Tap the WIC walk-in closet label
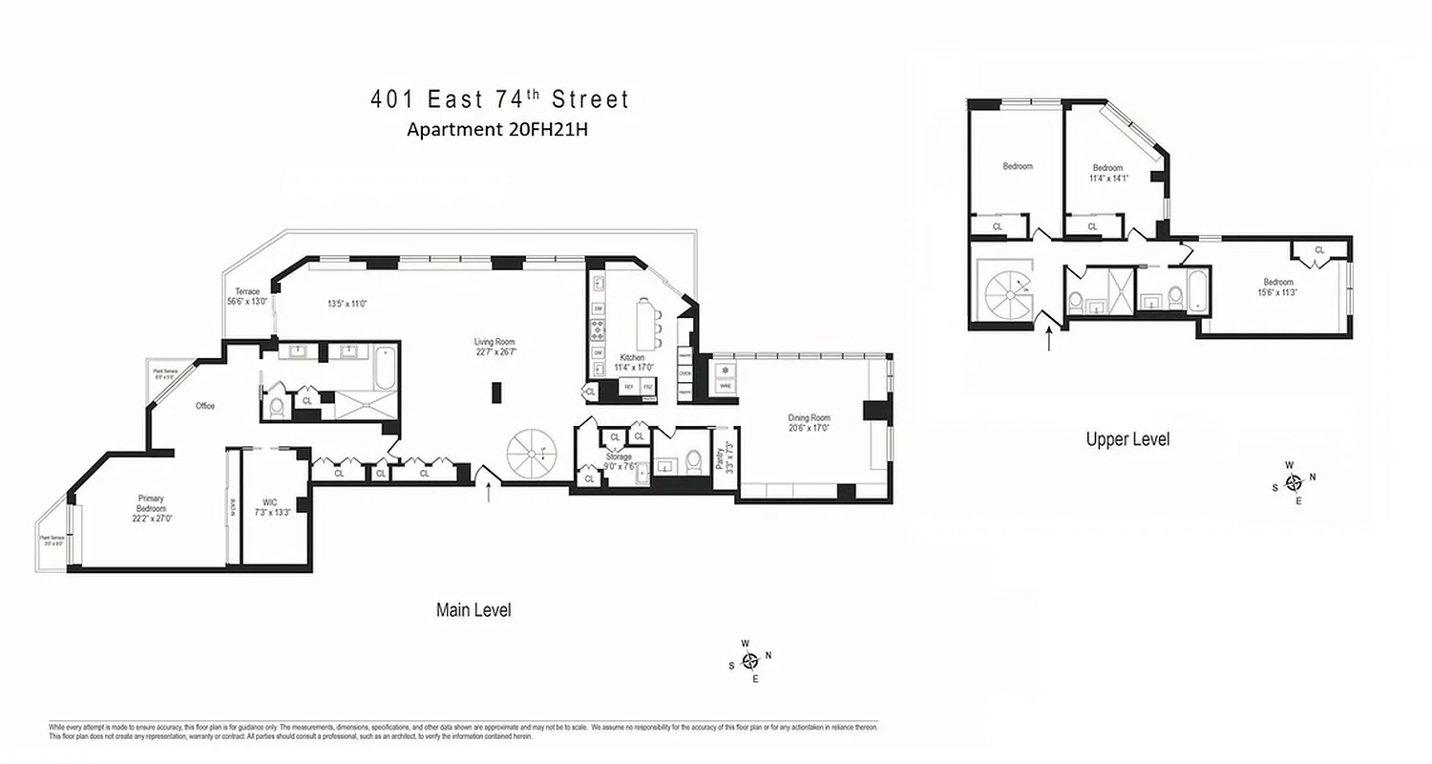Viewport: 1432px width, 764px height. coord(268,507)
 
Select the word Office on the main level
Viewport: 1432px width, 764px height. coord(205,406)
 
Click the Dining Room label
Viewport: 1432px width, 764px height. coord(809,423)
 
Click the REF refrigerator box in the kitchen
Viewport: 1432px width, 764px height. coord(628,387)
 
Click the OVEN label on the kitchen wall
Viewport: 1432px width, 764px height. coord(684,373)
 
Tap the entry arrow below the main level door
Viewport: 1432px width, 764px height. coord(490,492)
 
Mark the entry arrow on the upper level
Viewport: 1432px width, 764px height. coord(1050,338)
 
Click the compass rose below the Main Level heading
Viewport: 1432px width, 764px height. coord(750,660)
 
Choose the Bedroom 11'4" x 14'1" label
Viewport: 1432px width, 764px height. coord(1107,172)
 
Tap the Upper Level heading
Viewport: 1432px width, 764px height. coord(1127,439)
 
